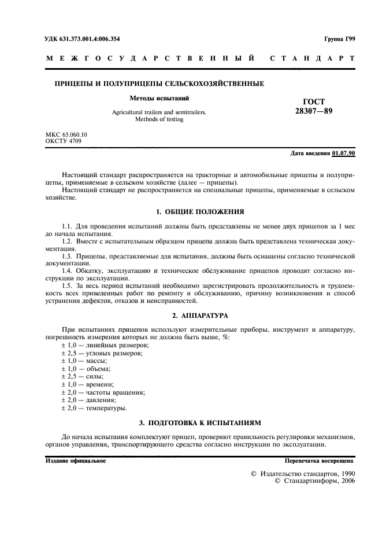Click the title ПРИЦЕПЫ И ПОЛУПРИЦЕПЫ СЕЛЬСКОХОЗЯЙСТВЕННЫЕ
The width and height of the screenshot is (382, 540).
click(x=159, y=84)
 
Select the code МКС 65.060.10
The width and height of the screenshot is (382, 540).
click(x=66, y=134)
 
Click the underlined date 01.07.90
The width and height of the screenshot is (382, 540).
click(x=344, y=153)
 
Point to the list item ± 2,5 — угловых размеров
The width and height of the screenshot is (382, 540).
click(x=102, y=352)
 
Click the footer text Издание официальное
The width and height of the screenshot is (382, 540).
click(x=75, y=461)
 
